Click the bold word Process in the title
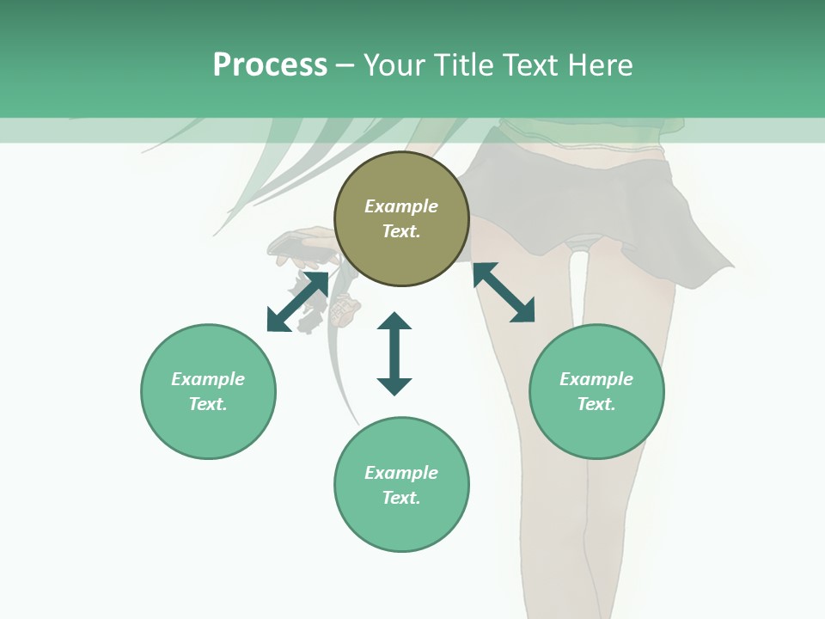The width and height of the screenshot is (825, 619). pos(270,65)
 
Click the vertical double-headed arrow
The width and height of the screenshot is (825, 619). pos(394,353)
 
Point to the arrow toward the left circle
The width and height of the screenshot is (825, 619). pos(297,302)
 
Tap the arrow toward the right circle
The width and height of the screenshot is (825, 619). pos(504,292)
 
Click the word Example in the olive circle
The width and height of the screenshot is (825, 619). pos(401,206)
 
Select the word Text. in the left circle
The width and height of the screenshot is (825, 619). pos(208,404)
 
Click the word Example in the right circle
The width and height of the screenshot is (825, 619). pos(596,379)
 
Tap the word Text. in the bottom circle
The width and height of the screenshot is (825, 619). pos(401,498)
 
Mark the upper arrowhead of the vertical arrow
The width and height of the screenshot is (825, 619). pos(394,321)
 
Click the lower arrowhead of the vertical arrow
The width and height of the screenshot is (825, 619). pos(394,386)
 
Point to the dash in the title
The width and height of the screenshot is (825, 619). pos(345,65)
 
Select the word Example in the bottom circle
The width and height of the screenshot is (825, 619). pos(401,473)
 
